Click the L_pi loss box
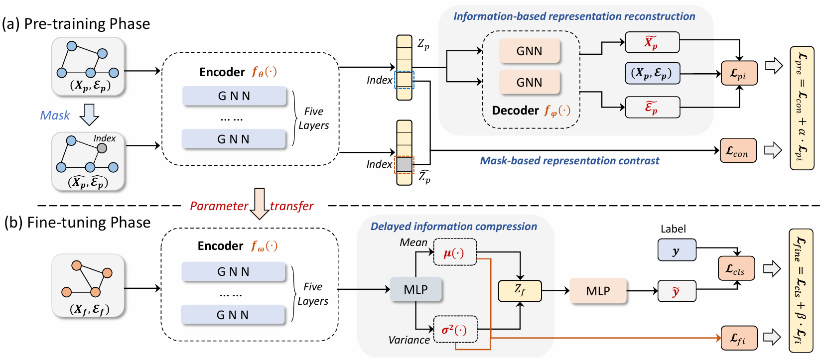(739, 73)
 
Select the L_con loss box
(738, 151)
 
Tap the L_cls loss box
(736, 269)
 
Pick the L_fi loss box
(739, 339)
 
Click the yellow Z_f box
(520, 291)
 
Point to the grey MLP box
(415, 290)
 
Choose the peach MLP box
(598, 291)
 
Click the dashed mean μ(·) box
(455, 252)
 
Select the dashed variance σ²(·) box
(455, 329)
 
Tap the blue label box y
(677, 250)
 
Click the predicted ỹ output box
(677, 291)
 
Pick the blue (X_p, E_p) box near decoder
(652, 73)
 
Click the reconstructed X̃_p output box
(652, 42)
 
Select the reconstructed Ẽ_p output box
(652, 108)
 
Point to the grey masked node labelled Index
(102, 148)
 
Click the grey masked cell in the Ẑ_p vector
(404, 164)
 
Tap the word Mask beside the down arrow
(55, 116)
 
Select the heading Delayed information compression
(453, 227)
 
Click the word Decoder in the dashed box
(515, 111)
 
